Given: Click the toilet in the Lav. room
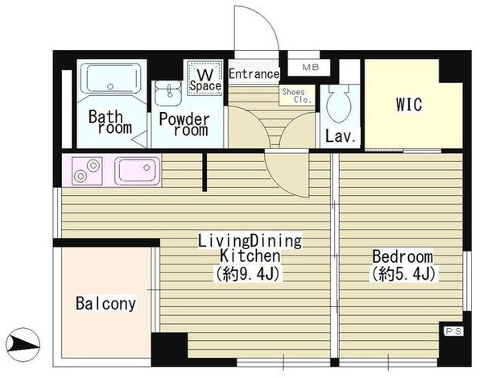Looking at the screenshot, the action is (x=340, y=103).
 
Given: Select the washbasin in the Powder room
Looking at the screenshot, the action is (x=168, y=93).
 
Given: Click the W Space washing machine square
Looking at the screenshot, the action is (x=204, y=77).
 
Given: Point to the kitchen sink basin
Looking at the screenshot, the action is (x=138, y=170).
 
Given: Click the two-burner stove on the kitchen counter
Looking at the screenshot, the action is (x=87, y=171).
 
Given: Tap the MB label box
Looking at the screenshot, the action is (x=311, y=67).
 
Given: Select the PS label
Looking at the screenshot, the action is (x=454, y=331).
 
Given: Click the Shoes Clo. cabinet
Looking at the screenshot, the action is (x=297, y=95).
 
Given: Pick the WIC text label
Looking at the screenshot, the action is (x=409, y=105).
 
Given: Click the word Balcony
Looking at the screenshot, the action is (x=105, y=304).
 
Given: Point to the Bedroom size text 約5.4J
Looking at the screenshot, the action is (x=403, y=273).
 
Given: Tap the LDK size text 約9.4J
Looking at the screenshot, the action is (x=249, y=273).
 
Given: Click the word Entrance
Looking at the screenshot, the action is (x=254, y=74).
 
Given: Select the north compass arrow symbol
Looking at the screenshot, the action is (x=23, y=344).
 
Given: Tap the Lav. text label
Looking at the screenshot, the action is (x=341, y=136).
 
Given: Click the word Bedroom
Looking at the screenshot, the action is (x=402, y=257).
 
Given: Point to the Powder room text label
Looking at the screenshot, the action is (x=184, y=125).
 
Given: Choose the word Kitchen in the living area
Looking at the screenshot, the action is (x=250, y=256).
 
